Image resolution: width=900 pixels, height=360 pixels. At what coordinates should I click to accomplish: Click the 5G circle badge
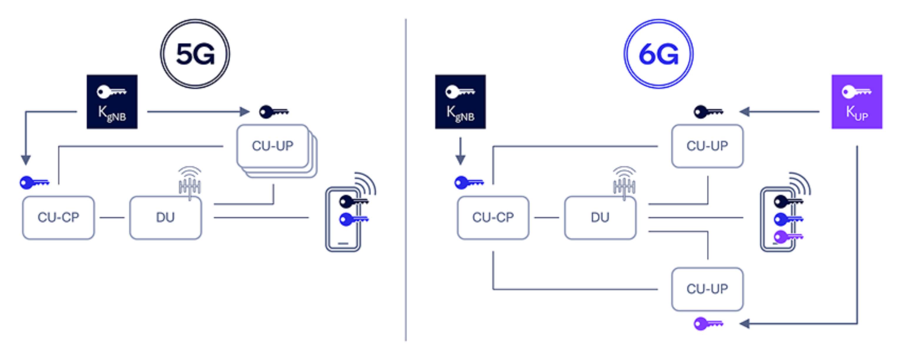point(195,54)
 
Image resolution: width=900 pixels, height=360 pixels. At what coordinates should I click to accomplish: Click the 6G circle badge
point(659,54)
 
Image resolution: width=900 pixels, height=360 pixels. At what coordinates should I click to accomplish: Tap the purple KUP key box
point(857,102)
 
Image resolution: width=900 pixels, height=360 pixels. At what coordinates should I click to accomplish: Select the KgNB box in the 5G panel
point(112,102)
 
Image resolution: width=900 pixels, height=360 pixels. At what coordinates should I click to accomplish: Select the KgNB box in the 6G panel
point(460,102)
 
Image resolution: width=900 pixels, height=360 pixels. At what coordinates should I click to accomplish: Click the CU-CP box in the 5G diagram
point(58,217)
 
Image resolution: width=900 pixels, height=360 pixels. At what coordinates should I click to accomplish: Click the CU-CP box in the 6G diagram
point(493,217)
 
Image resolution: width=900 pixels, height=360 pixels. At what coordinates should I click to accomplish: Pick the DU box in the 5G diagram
point(165,217)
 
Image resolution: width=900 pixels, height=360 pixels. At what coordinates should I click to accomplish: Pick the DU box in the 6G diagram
point(600,217)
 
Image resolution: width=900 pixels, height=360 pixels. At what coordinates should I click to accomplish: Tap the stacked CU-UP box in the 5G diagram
point(273,146)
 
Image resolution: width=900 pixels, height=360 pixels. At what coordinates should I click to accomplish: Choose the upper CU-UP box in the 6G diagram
point(707,146)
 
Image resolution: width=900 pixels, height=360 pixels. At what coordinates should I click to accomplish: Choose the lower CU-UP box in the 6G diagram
point(707,289)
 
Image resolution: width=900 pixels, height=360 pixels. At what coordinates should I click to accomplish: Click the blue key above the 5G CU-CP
point(34,182)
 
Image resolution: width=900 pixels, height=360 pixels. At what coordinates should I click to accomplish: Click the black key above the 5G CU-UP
point(274,112)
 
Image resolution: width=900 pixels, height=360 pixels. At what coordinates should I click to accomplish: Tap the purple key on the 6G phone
point(788,237)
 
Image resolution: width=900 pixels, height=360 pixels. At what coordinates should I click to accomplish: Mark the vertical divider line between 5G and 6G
point(406,180)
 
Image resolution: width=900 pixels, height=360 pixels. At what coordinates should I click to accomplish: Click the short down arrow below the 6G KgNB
point(460,152)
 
